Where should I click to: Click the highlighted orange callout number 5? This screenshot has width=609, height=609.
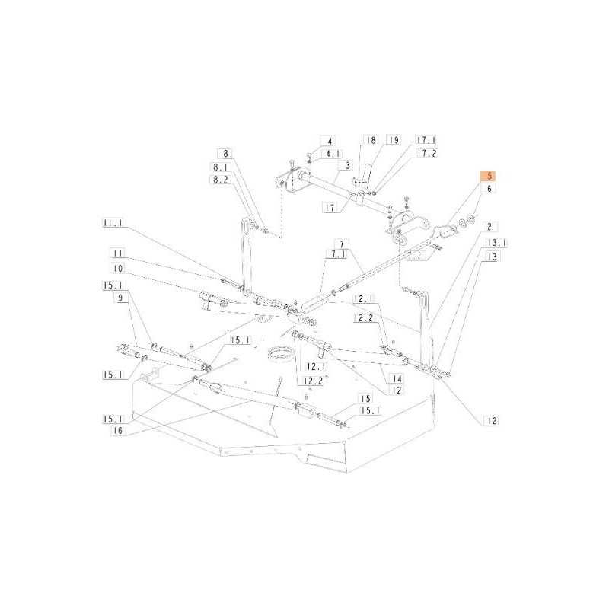[489, 176]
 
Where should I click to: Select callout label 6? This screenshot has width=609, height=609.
[489, 189]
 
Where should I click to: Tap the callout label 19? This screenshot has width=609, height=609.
[394, 140]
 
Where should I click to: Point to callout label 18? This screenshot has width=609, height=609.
[371, 140]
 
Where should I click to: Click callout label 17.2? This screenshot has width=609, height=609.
[427, 154]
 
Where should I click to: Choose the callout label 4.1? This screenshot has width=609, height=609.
[332, 154]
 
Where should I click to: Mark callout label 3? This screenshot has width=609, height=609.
[347, 165]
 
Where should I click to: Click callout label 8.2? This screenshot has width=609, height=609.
[221, 180]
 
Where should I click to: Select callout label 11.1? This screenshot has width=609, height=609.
[113, 223]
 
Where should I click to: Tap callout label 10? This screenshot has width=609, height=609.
[118, 269]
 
